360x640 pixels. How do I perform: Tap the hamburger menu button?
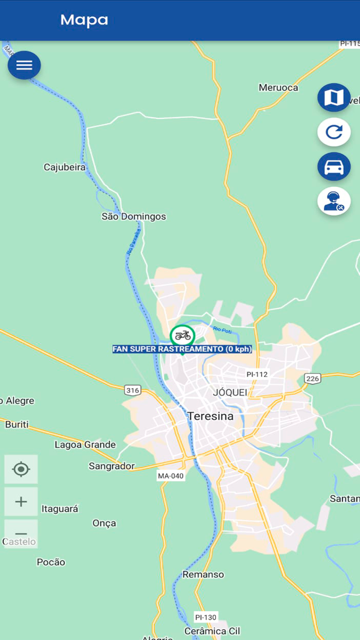(x=24, y=65)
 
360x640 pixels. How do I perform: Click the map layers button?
(x=334, y=97)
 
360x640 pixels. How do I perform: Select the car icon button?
(x=334, y=167)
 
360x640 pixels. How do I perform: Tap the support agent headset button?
(x=334, y=201)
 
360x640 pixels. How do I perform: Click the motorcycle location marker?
(x=183, y=336)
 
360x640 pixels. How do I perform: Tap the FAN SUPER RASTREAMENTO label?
(x=182, y=349)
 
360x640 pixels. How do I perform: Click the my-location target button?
(x=21, y=469)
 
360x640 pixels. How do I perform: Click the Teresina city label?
(x=210, y=416)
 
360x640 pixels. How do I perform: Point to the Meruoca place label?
(x=278, y=87)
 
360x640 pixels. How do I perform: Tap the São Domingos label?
(x=134, y=217)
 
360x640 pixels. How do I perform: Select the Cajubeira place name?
(x=65, y=167)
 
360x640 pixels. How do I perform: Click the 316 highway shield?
(x=133, y=390)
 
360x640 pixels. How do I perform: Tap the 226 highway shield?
(x=313, y=379)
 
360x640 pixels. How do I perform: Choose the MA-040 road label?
(x=171, y=476)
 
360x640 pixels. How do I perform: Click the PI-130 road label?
(x=206, y=617)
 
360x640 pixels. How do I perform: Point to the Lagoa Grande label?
(x=85, y=445)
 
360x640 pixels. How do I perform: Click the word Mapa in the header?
(x=84, y=20)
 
